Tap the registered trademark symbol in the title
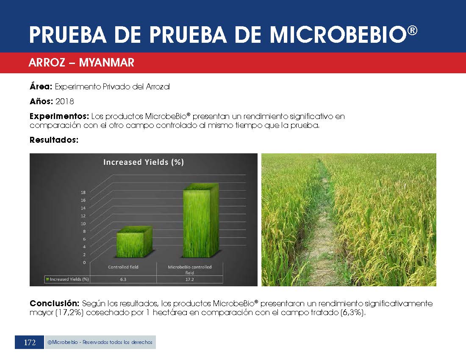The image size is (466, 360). tap(413, 30)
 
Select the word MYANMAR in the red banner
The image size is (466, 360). tap(107, 63)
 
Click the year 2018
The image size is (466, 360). tap(65, 102)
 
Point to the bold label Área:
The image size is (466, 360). tap(41, 86)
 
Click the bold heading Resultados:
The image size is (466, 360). tap(54, 140)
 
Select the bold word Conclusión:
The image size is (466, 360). tap(54, 303)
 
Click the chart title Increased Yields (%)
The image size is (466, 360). tap(144, 162)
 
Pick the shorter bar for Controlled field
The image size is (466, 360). tap(134, 242)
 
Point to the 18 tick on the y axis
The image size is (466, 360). tap(83, 192)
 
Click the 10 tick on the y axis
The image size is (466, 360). tap(83, 224)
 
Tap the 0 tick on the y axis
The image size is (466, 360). tap(84, 262)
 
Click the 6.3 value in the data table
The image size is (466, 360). tap(123, 280)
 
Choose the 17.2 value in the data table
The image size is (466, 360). tap(190, 280)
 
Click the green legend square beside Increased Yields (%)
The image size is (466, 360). tap(47, 279)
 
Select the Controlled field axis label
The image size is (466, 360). tap(123, 267)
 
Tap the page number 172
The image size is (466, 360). tap(30, 343)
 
